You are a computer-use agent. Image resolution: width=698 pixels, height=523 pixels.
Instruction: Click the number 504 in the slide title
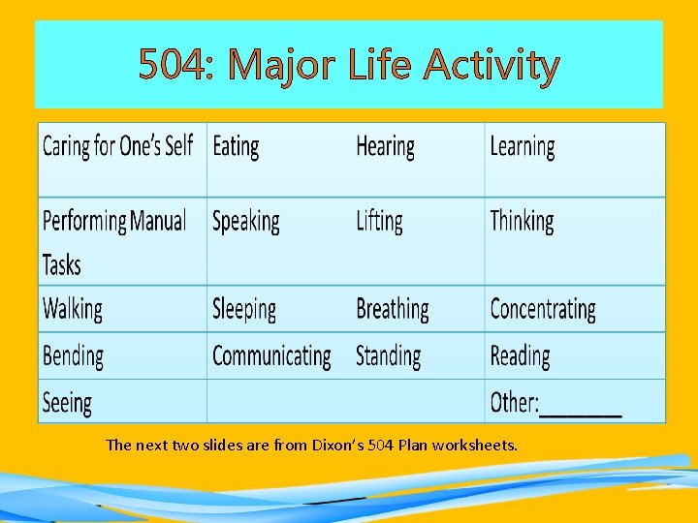tap(174, 66)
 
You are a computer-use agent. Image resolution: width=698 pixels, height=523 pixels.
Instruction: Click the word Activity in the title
tap(492, 66)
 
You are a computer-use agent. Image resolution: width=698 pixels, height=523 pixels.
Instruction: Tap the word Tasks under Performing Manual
tap(62, 264)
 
